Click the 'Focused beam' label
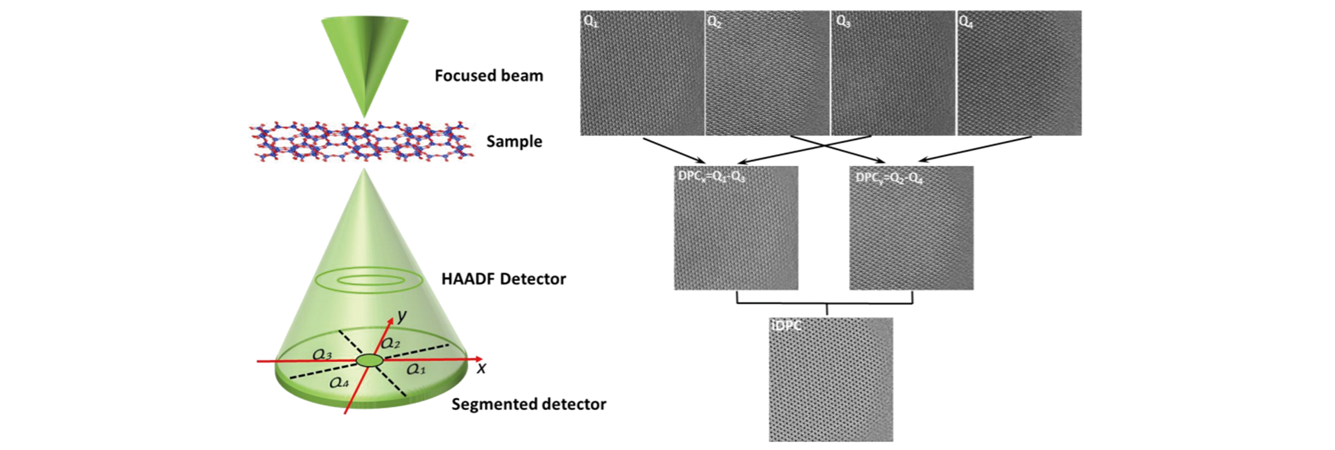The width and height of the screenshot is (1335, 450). [488, 76]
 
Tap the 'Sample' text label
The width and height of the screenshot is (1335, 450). [514, 142]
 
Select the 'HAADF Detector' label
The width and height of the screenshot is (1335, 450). [503, 280]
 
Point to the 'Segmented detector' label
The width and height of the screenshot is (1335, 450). [528, 404]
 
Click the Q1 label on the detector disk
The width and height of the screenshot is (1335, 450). [416, 369]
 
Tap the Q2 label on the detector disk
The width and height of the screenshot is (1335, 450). [391, 343]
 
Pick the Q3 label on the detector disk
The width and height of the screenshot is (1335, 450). [322, 355]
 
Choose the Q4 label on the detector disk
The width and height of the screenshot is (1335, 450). [339, 383]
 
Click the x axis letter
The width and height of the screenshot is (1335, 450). [481, 368]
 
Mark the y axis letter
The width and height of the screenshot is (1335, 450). [401, 316]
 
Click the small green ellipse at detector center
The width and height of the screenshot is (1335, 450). [370, 360]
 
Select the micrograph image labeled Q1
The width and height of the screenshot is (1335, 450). [642, 73]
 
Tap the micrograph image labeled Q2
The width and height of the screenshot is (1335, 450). [767, 73]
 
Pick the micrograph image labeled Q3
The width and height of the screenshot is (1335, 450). [893, 73]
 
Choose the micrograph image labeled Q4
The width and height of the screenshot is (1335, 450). [1019, 73]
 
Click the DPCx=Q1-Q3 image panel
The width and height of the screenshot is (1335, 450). [736, 228]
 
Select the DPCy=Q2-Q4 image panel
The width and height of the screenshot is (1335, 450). [911, 228]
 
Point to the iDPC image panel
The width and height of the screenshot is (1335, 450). [831, 380]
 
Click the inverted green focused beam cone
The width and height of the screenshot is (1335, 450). [365, 57]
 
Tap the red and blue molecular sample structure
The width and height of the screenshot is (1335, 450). [361, 141]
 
